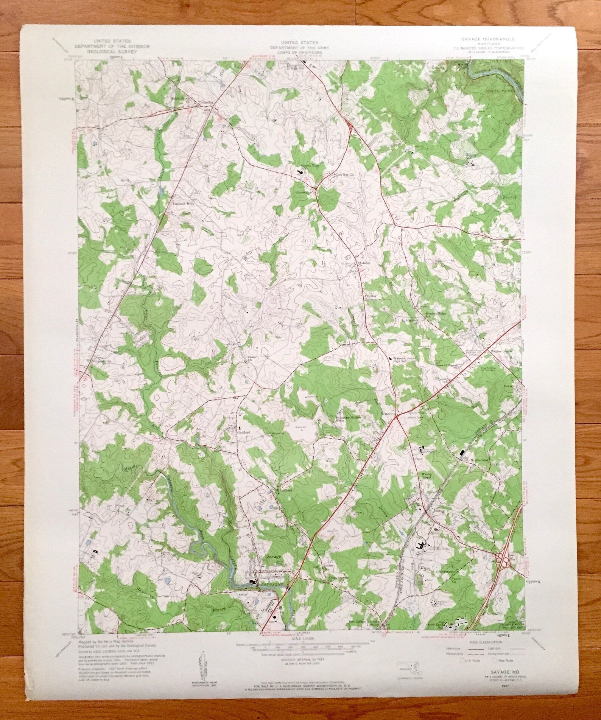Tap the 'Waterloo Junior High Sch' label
click(x=402, y=359)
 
